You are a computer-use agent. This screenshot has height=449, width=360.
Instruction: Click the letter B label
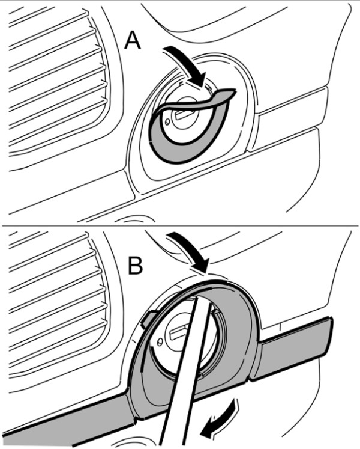(x=135, y=266)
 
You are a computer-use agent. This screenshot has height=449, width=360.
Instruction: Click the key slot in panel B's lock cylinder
(x=179, y=331)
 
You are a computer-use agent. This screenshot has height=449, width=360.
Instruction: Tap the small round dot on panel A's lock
(x=167, y=123)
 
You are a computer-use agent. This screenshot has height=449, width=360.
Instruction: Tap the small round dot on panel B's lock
(x=160, y=341)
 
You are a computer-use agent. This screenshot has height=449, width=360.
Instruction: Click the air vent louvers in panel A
(x=57, y=80)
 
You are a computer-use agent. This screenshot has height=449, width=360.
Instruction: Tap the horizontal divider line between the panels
(x=180, y=226)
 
